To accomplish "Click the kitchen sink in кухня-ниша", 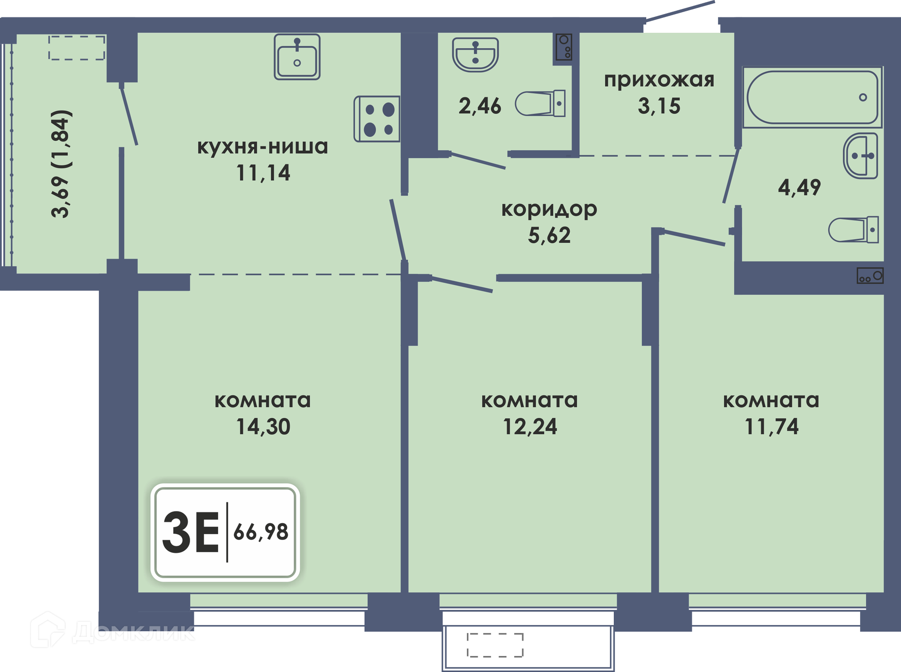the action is point(297,57).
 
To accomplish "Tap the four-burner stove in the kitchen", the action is point(377,119).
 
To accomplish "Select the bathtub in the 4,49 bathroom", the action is point(812,97).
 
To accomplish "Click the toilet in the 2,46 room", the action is point(540,103).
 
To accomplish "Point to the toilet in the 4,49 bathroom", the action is point(853,229).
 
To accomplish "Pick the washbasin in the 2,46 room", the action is point(475,54).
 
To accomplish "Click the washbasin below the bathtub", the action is point(861,156).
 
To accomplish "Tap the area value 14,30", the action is point(263,427).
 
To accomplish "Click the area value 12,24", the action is point(530,427).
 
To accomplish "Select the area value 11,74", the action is point(771,427).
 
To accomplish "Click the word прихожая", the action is point(659,81).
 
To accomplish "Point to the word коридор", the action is point(549,210).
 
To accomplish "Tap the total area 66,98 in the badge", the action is point(261,532).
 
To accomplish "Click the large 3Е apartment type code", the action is point(191,532).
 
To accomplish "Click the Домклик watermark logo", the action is point(113,630).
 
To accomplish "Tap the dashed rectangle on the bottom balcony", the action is point(495,645).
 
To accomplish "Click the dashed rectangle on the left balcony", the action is point(77,48).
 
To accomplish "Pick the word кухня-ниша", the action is point(262,147).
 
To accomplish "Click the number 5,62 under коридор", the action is point(549,235).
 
